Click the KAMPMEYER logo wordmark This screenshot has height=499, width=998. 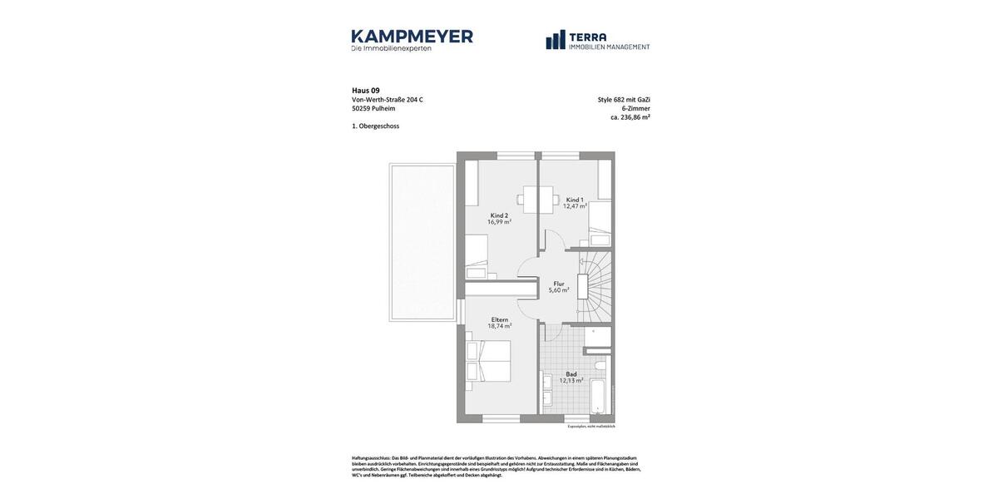[412, 37]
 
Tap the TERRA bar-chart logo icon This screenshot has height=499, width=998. [556, 40]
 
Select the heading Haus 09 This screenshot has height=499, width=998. [366, 91]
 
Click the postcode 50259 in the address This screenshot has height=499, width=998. [361, 109]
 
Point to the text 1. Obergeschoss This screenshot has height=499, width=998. [376, 126]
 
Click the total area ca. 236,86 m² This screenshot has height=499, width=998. [630, 117]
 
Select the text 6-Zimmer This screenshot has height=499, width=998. [635, 108]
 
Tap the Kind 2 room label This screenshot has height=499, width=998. [499, 215]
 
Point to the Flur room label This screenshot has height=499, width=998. [559, 284]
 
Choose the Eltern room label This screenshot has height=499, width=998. [499, 319]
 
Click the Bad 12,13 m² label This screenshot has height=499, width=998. [571, 378]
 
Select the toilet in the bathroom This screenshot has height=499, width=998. [600, 367]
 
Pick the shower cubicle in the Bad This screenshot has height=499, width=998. [597, 337]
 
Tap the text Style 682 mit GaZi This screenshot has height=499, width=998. [624, 100]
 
